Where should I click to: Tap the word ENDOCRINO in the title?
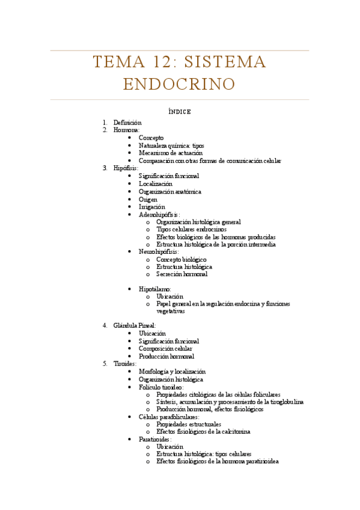(179, 84)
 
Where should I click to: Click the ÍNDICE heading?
(180, 111)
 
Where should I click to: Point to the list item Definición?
(127, 123)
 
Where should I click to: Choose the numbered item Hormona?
(126, 130)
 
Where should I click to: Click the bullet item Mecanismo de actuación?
(170, 153)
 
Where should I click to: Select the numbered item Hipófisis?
(126, 168)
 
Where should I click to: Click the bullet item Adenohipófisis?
(159, 215)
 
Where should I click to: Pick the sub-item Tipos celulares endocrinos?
(191, 230)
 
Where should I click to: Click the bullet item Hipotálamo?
(154, 289)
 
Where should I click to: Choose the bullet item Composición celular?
(165, 348)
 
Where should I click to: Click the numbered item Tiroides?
(124, 364)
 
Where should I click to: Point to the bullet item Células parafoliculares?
(168, 417)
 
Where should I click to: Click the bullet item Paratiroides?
(155, 440)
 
